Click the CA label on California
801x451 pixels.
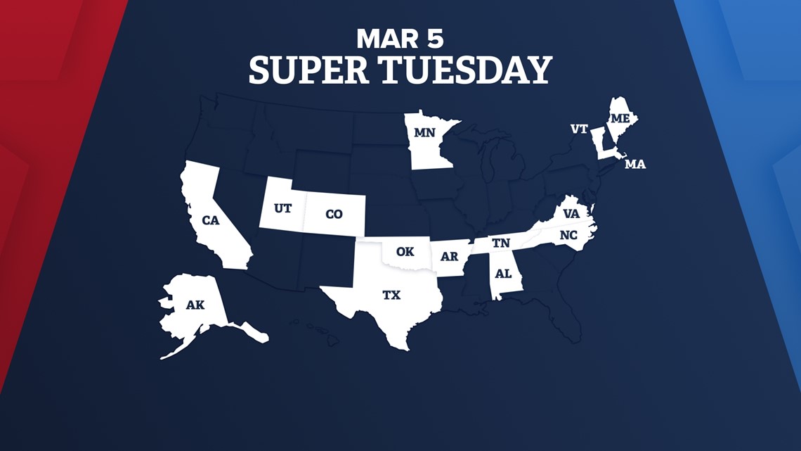pyautogui.click(x=211, y=220)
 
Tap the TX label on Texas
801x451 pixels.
pyautogui.click(x=391, y=296)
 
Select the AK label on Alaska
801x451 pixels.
pyautogui.click(x=195, y=305)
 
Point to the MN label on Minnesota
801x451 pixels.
pyautogui.click(x=424, y=132)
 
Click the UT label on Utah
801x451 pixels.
pyautogui.click(x=283, y=209)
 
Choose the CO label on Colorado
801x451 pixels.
pyautogui.click(x=334, y=214)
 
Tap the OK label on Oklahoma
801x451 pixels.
pyautogui.click(x=405, y=251)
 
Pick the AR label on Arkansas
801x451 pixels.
pyautogui.click(x=449, y=257)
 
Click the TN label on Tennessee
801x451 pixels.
pyautogui.click(x=501, y=243)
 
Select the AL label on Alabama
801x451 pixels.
pyautogui.click(x=504, y=274)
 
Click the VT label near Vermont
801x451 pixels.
pyautogui.click(x=579, y=129)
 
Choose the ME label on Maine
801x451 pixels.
pyautogui.click(x=620, y=118)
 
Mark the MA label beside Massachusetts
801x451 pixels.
pyautogui.click(x=635, y=165)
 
